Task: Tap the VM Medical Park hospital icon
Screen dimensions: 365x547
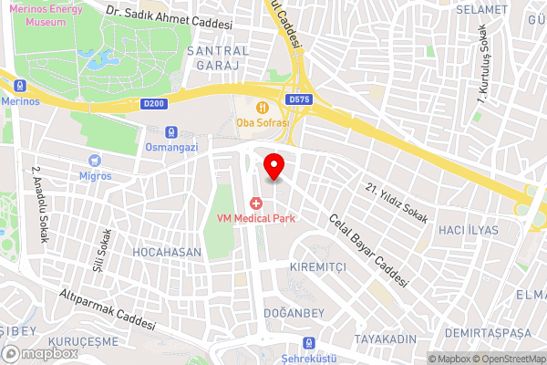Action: [x=256, y=202]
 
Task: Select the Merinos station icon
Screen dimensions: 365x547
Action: [x=18, y=86]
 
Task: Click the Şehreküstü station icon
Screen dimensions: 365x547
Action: [x=308, y=343]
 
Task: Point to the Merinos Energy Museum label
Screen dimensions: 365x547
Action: [x=40, y=14]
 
